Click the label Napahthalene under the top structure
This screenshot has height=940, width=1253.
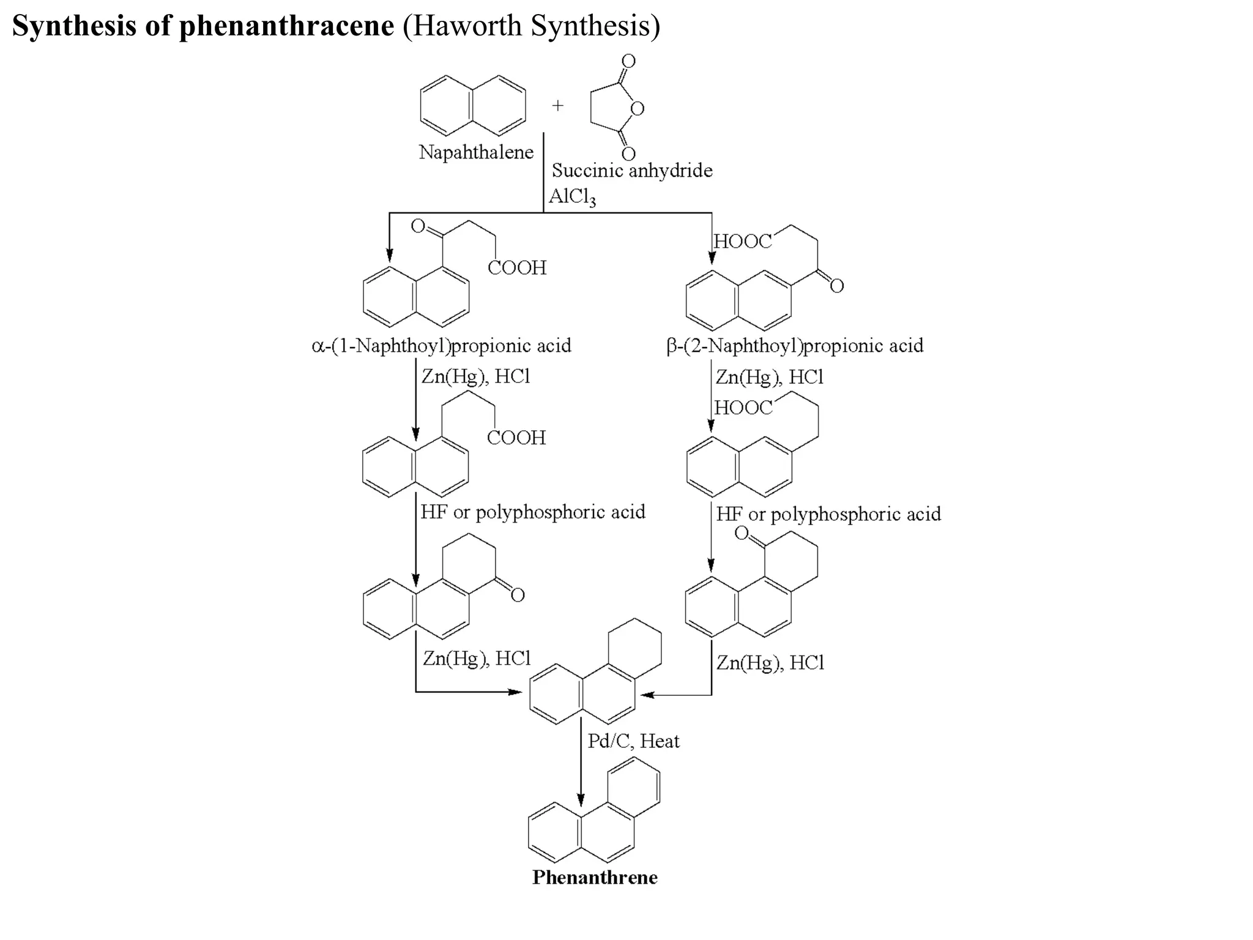[x=476, y=152]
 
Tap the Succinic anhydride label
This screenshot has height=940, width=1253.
[x=632, y=170]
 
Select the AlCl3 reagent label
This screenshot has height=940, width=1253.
[x=572, y=196]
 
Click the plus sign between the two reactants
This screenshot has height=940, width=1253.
[x=557, y=105]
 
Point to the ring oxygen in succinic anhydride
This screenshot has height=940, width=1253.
[x=638, y=109]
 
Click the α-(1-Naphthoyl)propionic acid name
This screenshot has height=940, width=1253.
[x=441, y=346]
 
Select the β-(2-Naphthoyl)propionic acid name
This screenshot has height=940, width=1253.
[x=795, y=346]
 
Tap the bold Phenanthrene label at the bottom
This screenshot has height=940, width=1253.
[x=595, y=877]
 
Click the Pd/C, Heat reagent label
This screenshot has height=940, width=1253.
[x=633, y=741]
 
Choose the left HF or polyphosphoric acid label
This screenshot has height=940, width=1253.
[x=532, y=512]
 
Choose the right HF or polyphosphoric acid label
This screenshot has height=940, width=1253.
[x=828, y=514]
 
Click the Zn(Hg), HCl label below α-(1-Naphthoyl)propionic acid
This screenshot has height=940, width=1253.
[x=475, y=376]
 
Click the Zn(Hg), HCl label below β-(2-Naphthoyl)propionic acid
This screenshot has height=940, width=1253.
[x=770, y=377]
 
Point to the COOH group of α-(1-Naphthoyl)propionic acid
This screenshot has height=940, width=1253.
[x=517, y=267]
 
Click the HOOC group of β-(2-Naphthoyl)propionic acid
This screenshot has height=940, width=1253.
[x=743, y=242]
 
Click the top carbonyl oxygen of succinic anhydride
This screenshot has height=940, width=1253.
[x=628, y=61]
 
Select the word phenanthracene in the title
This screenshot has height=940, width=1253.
[x=286, y=26]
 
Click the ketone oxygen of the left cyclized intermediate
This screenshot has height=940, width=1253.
[x=518, y=595]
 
